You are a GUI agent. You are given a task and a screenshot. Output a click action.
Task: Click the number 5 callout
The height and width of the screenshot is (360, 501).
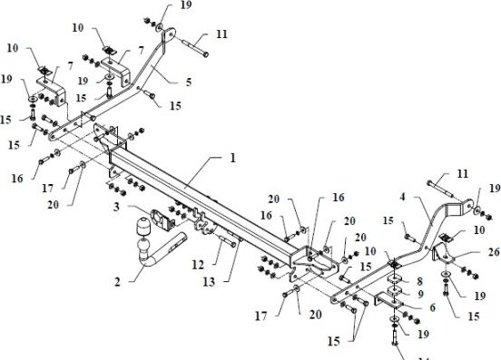187,81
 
